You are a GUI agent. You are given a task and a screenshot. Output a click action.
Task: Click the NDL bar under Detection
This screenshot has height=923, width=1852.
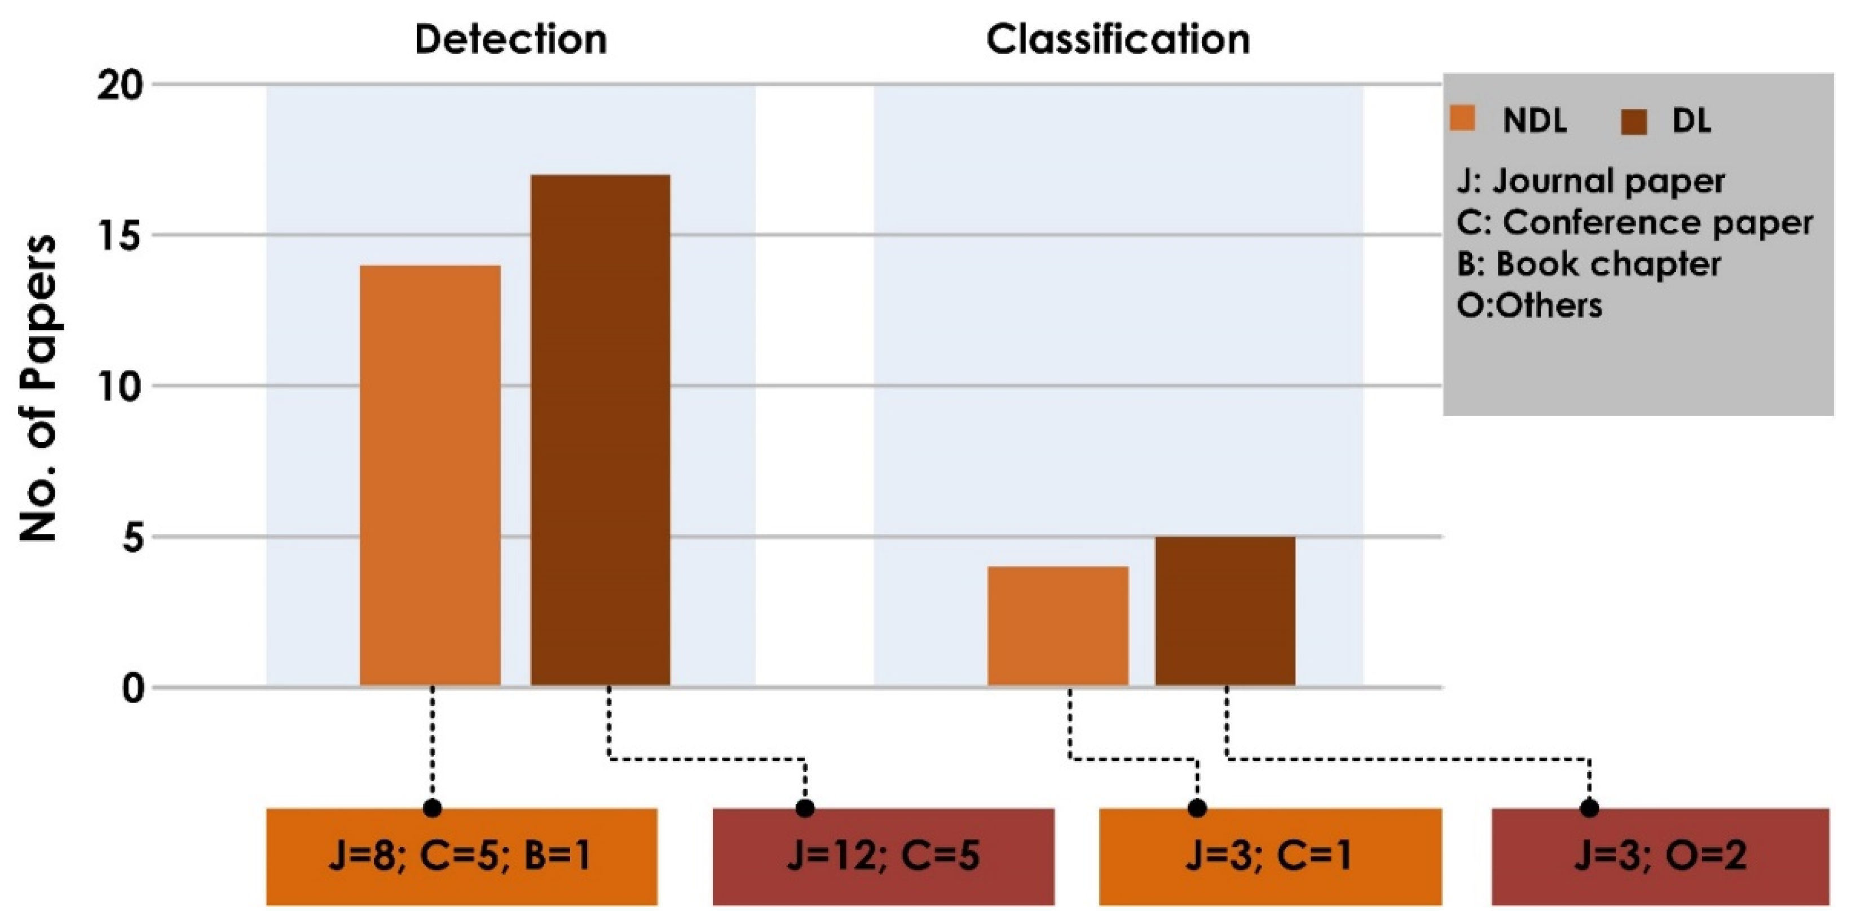pyautogui.click(x=430, y=476)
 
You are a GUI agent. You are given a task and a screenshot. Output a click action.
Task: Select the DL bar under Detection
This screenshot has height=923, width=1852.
pyautogui.click(x=600, y=431)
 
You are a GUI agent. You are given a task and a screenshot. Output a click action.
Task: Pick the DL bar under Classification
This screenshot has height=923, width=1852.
pyautogui.click(x=1225, y=612)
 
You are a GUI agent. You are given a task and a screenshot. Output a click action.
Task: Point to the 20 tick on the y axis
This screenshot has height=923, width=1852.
pyautogui.click(x=120, y=86)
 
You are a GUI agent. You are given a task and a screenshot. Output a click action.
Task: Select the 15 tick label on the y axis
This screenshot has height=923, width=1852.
pyautogui.click(x=121, y=236)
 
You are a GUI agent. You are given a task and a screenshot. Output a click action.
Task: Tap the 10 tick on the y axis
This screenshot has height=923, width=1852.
pyautogui.click(x=120, y=387)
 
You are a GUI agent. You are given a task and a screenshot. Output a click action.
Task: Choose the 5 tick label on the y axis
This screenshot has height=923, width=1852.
pyautogui.click(x=133, y=538)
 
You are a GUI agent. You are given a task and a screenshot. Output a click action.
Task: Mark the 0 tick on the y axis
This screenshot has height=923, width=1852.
pyautogui.click(x=133, y=688)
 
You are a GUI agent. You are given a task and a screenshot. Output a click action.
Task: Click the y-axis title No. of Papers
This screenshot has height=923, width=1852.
pyautogui.click(x=37, y=388)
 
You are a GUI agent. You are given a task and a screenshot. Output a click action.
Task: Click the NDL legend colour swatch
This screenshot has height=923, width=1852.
pyautogui.click(x=1462, y=118)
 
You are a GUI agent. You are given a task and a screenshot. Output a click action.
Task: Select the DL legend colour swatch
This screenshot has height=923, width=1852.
pyautogui.click(x=1633, y=122)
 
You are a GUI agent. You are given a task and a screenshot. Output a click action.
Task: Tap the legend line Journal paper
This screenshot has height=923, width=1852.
pyautogui.click(x=1590, y=181)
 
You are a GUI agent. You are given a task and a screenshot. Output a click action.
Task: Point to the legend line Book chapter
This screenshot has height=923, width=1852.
pyautogui.click(x=1589, y=264)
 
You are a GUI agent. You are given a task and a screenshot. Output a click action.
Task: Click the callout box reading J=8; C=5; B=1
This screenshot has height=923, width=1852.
pyautogui.click(x=461, y=856)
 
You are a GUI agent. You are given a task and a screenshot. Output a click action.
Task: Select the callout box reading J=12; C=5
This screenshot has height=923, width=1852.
pyautogui.click(x=884, y=856)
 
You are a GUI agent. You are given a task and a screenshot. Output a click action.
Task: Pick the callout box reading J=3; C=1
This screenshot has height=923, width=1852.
pyautogui.click(x=1271, y=856)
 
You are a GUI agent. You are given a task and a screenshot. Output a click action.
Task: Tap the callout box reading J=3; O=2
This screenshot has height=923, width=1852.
pyautogui.click(x=1661, y=856)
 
